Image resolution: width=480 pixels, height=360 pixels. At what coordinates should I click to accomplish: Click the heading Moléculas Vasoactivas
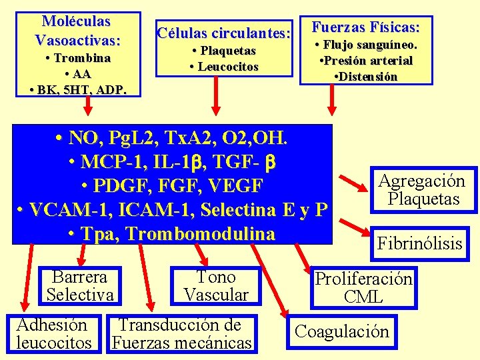(x=77, y=31)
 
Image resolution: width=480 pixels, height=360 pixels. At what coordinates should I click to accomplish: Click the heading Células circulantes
(x=223, y=32)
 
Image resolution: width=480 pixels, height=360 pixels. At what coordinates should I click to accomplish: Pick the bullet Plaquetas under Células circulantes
(x=224, y=51)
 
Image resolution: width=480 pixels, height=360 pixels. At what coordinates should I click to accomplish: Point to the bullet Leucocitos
(x=224, y=67)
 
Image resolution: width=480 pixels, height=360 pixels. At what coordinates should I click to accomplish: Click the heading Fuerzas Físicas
(x=366, y=28)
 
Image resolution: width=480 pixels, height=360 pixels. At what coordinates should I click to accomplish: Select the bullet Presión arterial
(x=366, y=61)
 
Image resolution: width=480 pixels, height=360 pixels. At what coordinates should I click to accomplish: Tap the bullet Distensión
(x=366, y=77)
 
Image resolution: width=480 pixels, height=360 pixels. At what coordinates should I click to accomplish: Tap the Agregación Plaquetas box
(x=422, y=189)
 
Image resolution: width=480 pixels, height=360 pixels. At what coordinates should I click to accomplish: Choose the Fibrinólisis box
(x=419, y=243)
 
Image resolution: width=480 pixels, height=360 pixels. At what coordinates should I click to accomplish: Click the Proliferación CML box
(x=363, y=288)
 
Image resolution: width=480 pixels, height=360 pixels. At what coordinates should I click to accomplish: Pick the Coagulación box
(x=341, y=331)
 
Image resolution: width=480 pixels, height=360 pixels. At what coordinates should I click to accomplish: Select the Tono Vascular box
(x=216, y=286)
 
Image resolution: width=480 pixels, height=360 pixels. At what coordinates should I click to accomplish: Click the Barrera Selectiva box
(x=80, y=285)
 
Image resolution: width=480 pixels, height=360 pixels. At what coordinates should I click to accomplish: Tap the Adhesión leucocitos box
(x=54, y=334)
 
